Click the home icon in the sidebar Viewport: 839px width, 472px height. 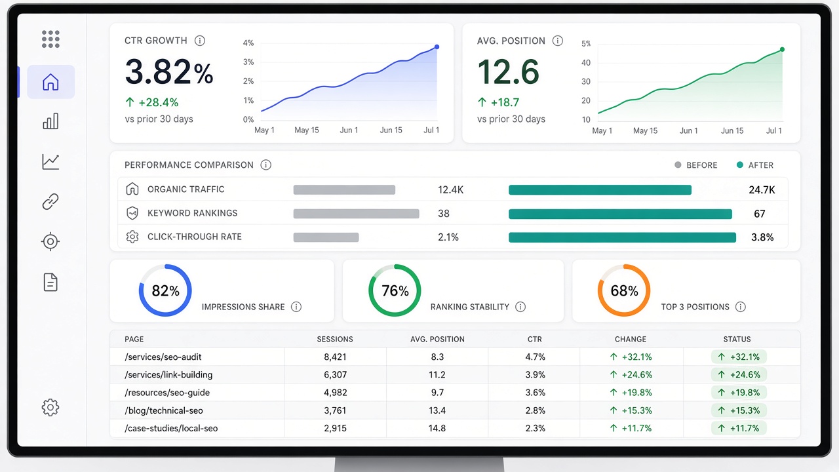pos(50,82)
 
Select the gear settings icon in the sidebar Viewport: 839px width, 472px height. pos(50,407)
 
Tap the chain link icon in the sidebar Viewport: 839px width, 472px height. pos(50,201)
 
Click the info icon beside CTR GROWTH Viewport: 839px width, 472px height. pos(200,41)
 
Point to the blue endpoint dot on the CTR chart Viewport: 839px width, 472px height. pos(437,47)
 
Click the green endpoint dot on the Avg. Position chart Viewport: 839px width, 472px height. pos(782,49)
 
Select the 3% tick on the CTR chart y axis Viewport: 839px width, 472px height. pos(248,62)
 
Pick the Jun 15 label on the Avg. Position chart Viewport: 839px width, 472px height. pos(732,130)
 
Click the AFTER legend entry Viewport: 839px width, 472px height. pos(754,165)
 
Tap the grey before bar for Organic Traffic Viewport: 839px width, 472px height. pos(344,189)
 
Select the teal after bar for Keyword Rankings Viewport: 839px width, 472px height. pos(620,214)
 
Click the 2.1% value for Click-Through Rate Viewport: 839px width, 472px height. pos(448,237)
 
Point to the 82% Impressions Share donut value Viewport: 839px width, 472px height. pos(166,290)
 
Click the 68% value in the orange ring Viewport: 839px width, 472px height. pos(625,290)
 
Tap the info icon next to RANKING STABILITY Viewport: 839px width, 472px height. pos(520,307)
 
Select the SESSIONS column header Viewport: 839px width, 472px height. pos(335,339)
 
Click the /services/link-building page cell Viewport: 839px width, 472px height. pos(168,374)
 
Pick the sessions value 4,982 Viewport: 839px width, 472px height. pos(336,393)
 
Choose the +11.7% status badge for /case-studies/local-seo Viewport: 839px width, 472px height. pos(739,428)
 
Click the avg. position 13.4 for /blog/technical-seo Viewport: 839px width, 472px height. pos(437,410)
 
